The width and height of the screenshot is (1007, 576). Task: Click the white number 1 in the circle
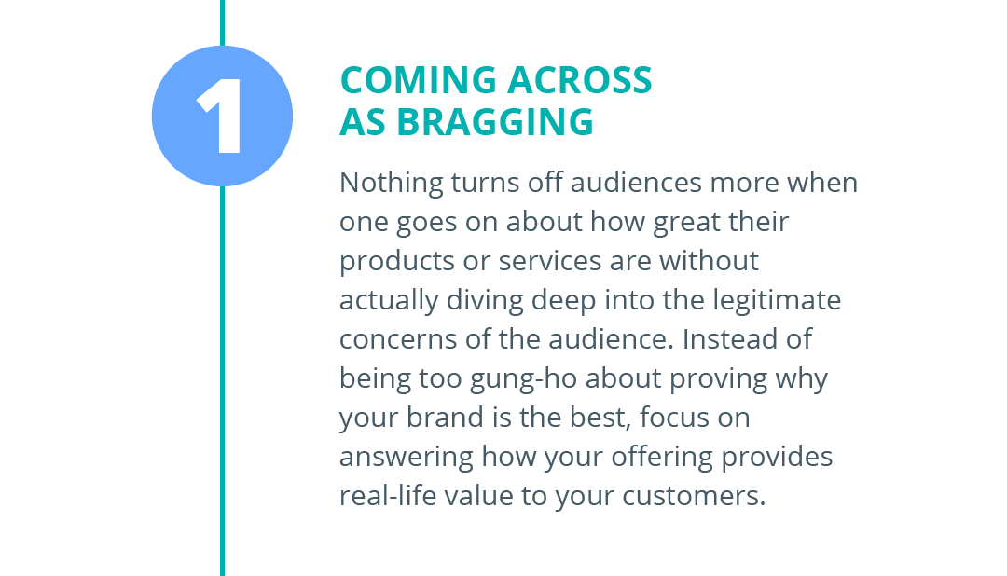(x=220, y=117)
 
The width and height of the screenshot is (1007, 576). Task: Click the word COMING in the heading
(x=419, y=80)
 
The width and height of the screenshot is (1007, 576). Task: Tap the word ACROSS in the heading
(x=580, y=80)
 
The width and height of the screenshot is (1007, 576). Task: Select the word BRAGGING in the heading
(x=495, y=122)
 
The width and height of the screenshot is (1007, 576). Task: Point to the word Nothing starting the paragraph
(x=391, y=183)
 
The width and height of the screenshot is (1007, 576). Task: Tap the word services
(x=550, y=261)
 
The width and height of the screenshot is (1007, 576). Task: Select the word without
(x=709, y=261)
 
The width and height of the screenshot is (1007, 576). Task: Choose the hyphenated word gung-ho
(x=523, y=378)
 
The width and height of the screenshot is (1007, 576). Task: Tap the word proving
(x=719, y=378)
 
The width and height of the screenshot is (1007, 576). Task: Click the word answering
(x=407, y=458)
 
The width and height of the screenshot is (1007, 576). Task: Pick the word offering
(x=661, y=458)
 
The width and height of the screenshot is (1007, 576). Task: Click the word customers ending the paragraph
(x=694, y=497)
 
